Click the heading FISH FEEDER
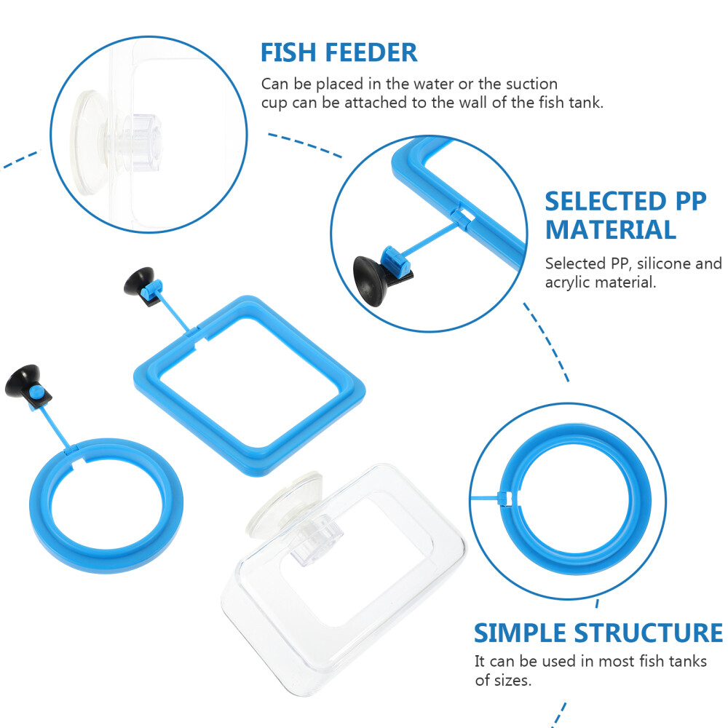tap(339, 52)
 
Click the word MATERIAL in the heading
tap(610, 230)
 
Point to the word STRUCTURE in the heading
tap(647, 633)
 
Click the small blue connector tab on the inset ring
tap(504, 497)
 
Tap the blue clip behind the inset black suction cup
tap(392, 262)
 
